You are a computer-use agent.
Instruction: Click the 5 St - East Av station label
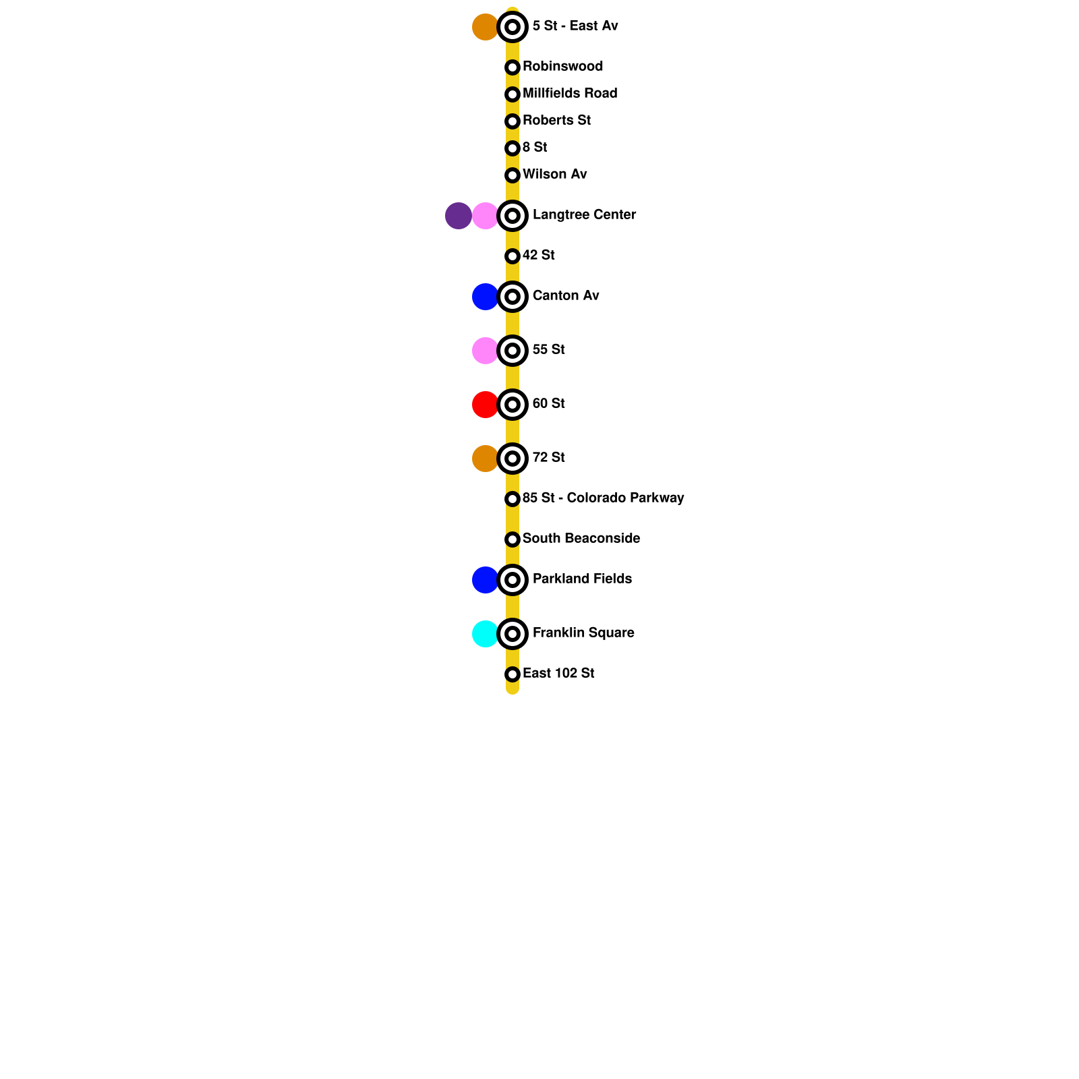point(575,26)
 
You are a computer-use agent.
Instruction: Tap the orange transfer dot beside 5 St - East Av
point(485,27)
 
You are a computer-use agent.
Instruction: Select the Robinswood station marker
point(513,67)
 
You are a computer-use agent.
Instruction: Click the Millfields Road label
point(570,94)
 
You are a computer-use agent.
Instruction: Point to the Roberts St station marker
point(513,121)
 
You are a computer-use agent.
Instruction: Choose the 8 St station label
point(535,148)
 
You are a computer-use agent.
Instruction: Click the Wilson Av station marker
point(513,175)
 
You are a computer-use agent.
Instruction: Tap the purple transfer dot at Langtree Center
point(459,216)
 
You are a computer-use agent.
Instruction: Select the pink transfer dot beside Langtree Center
point(485,216)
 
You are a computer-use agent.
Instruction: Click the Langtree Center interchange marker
point(513,216)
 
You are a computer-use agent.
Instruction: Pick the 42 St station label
point(538,256)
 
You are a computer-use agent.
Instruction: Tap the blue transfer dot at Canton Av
point(485,297)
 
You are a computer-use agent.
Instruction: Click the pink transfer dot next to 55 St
point(485,351)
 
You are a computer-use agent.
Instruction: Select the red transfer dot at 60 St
point(485,405)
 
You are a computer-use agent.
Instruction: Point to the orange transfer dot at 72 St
point(485,459)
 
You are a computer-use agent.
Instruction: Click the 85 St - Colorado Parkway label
point(603,498)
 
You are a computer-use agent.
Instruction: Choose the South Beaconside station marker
point(513,539)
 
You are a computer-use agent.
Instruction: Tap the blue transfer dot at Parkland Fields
point(485,580)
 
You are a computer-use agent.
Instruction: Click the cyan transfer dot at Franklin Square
point(485,634)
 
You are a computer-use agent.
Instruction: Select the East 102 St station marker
point(513,674)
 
